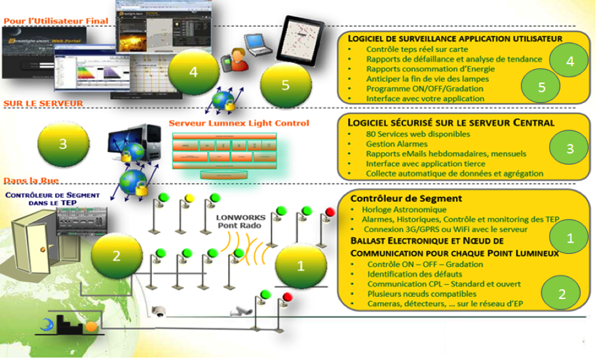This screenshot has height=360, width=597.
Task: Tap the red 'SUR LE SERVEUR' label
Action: point(43,103)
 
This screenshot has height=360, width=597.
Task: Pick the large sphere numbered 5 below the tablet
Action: point(284,85)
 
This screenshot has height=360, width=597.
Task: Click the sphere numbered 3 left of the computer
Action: point(63,143)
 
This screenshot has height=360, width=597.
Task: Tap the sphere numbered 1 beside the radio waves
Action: point(301,266)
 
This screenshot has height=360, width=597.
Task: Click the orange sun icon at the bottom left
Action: point(92,325)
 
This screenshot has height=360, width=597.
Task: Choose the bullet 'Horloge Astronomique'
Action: point(404,210)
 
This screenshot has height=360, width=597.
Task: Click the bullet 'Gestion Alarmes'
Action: point(396,144)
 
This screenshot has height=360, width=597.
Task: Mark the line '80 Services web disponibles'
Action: point(418,134)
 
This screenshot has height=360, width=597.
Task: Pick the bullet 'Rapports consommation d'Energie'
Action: point(431,69)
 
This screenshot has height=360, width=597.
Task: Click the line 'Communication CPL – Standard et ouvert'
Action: point(444,285)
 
